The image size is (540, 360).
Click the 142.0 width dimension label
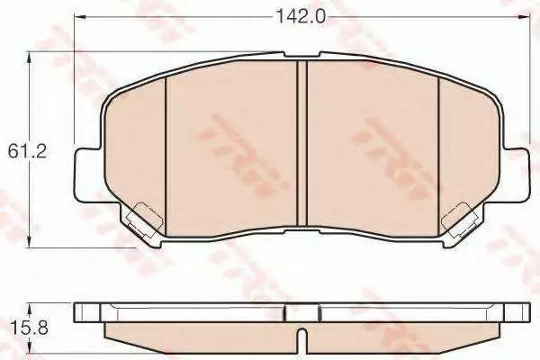(301, 16)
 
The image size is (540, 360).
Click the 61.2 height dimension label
(27, 151)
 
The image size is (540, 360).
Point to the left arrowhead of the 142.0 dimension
(80, 16)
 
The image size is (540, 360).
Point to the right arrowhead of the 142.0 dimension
(525, 16)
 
